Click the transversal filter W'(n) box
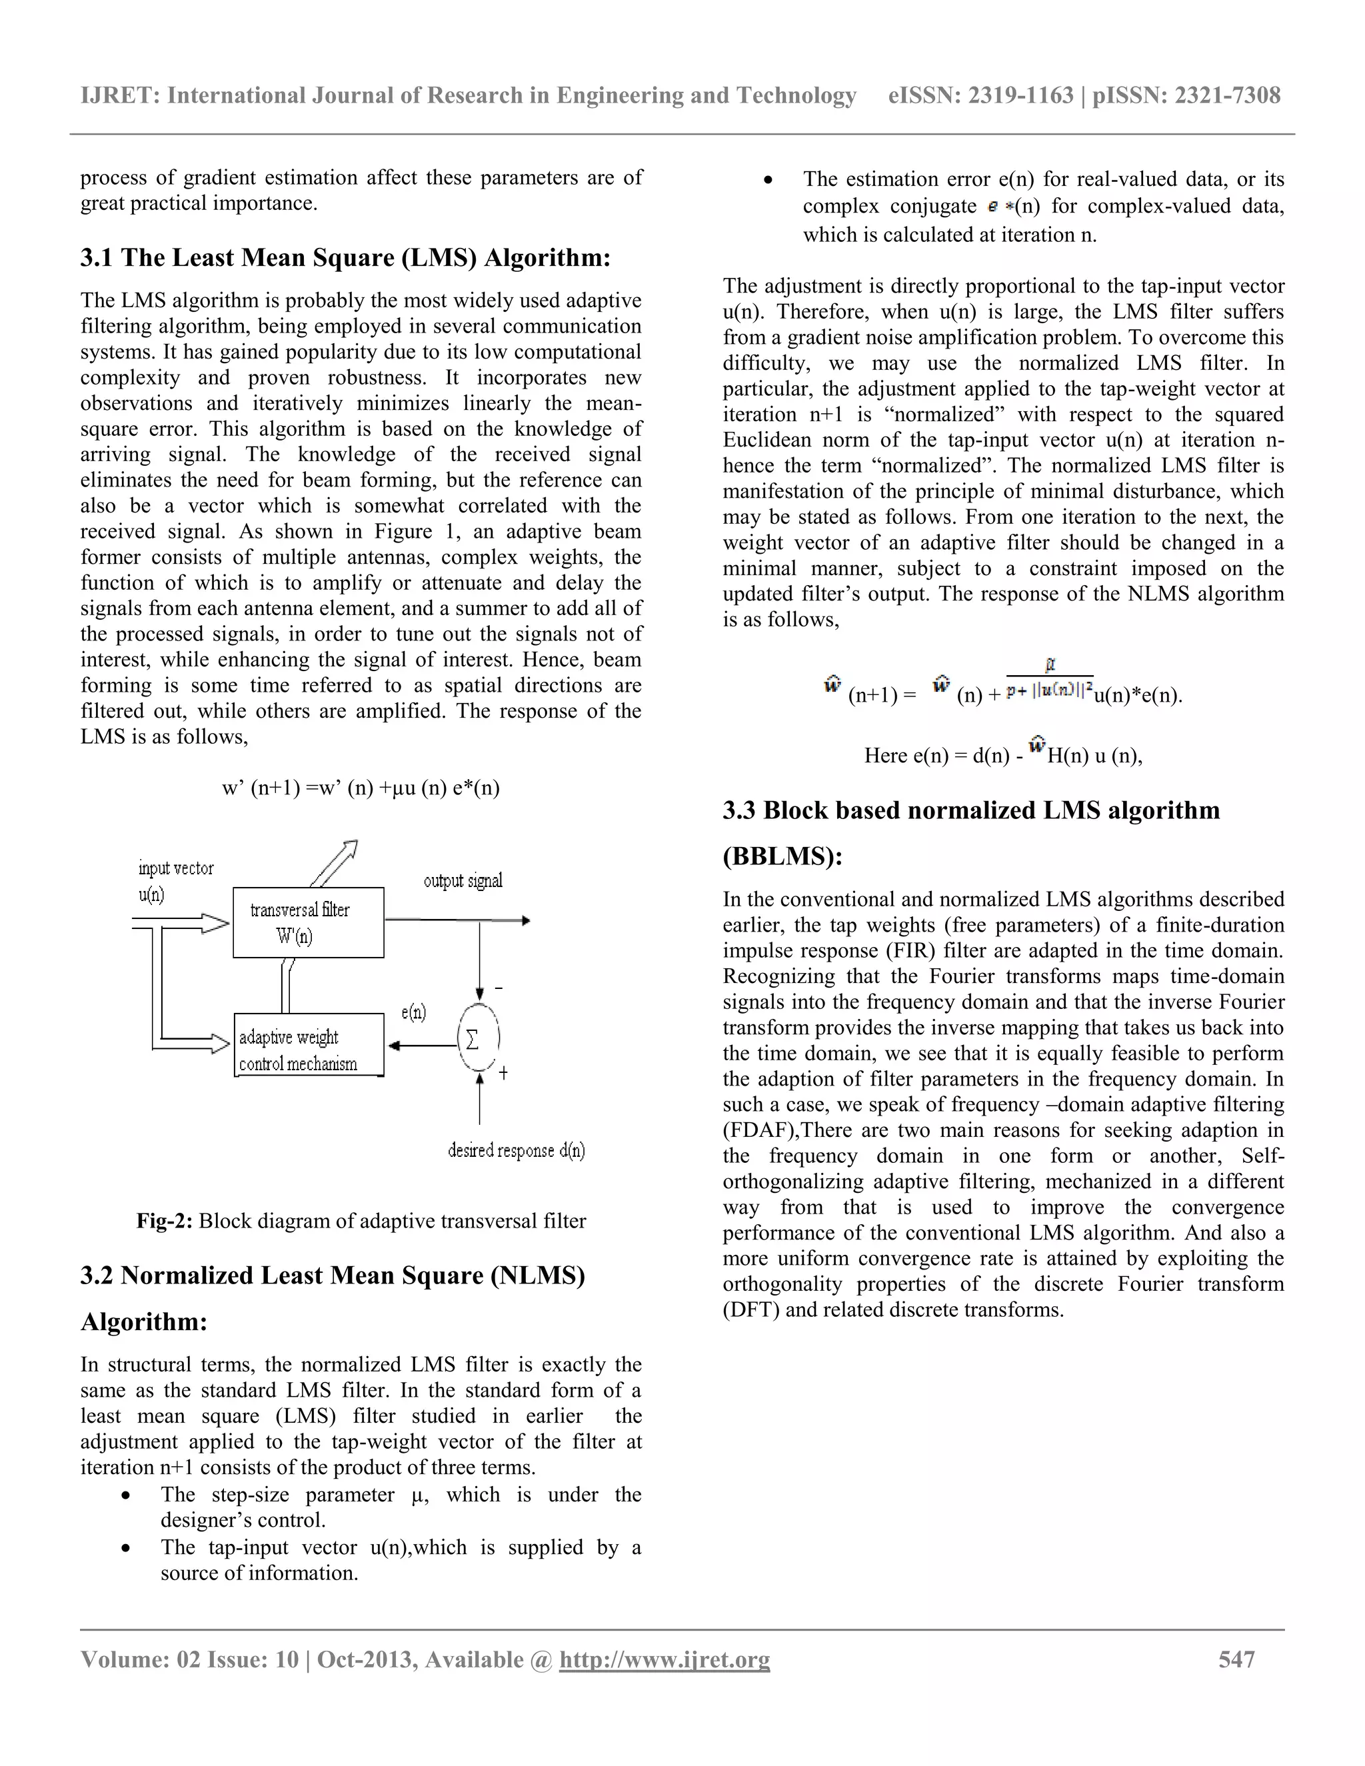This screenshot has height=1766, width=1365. point(308,922)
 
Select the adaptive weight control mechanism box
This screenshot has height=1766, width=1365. point(308,1046)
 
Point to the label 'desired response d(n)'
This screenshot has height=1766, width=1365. point(516,1151)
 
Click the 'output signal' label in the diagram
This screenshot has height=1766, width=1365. point(463,880)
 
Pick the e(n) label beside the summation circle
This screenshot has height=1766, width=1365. point(413,1012)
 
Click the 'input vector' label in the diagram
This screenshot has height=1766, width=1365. point(175,868)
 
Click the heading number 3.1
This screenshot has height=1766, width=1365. point(97,258)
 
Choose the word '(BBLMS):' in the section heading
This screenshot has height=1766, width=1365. point(782,856)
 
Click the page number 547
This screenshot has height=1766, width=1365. point(1236,1660)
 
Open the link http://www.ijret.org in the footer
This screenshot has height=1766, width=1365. point(664,1660)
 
